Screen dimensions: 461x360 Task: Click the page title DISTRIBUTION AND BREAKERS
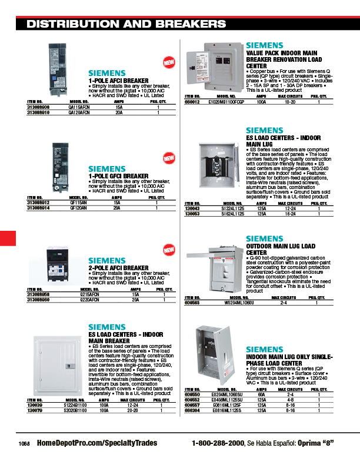(x=126, y=24)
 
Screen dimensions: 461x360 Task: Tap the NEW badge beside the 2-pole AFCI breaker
(x=169, y=250)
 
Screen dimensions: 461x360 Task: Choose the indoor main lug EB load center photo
(x=212, y=164)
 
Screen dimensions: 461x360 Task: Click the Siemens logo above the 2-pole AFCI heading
(x=107, y=260)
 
